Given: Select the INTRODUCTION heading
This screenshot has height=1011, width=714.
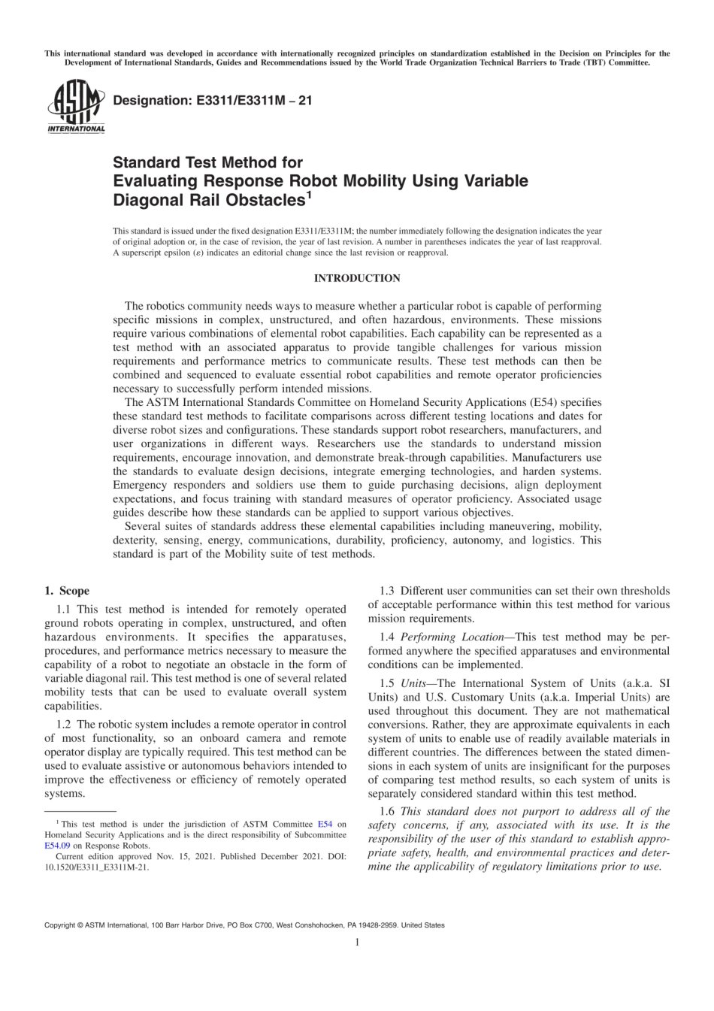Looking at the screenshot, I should (x=356, y=278).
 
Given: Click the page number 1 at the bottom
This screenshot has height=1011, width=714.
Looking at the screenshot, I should (x=357, y=942).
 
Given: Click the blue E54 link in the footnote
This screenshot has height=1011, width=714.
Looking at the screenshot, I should (x=325, y=825).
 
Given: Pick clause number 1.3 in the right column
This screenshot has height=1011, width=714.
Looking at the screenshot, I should (x=388, y=591).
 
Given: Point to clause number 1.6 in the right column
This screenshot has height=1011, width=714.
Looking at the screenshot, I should (x=388, y=812).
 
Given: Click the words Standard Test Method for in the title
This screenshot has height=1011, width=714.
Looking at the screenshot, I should (x=207, y=162).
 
